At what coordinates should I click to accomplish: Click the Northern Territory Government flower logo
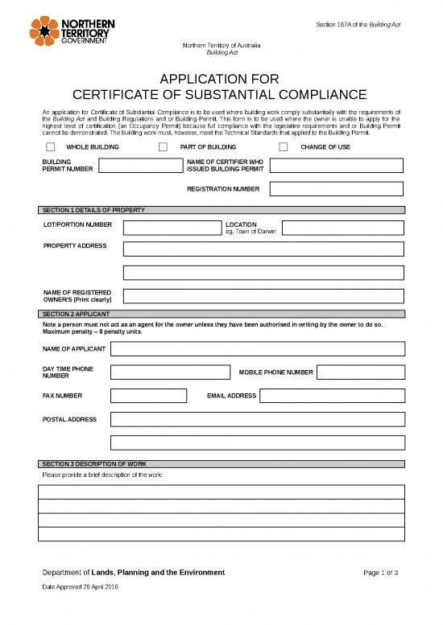click(43, 31)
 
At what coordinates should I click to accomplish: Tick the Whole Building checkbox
click(51, 147)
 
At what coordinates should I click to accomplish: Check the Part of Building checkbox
click(163, 147)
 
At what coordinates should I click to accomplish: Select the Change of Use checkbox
click(284, 147)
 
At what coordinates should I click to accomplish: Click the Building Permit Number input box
click(136, 167)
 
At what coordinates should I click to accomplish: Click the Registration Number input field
click(336, 189)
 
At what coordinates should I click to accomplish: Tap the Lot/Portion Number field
click(171, 228)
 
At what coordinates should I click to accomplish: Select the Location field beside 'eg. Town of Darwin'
click(342, 228)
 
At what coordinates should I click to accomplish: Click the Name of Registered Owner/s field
click(263, 295)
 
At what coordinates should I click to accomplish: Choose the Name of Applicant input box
click(258, 349)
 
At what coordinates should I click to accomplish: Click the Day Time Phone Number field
click(169, 372)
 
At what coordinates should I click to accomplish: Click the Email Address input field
click(332, 396)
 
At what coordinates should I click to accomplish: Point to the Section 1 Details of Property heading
click(93, 210)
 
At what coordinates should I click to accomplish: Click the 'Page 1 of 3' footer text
click(381, 573)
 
